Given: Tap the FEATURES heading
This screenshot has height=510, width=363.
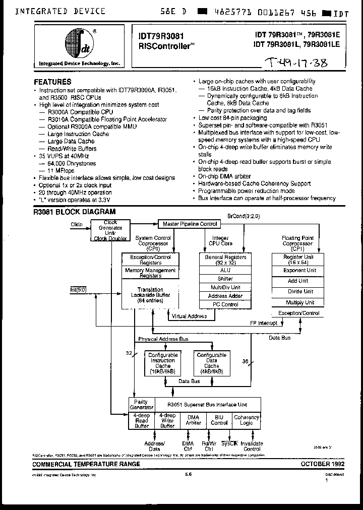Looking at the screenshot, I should (x=52, y=82).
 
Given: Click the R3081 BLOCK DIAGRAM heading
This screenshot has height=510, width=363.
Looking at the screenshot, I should (x=74, y=212).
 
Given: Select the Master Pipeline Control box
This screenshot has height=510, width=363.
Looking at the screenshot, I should (x=190, y=224).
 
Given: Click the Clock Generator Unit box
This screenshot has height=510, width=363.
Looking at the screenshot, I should (x=110, y=230).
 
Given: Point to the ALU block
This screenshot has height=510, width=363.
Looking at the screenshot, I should (x=225, y=270).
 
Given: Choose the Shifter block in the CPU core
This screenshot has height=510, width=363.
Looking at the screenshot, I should (x=225, y=279).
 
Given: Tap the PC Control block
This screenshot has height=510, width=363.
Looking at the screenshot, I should (x=225, y=304).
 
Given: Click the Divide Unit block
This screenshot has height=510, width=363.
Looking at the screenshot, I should (x=300, y=291).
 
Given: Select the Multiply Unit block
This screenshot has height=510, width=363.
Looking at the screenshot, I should (x=300, y=302).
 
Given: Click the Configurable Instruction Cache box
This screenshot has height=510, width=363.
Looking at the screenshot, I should (x=162, y=363).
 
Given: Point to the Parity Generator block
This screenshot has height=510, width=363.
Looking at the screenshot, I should (x=142, y=405).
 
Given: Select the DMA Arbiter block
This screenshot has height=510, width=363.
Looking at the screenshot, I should (x=194, y=420).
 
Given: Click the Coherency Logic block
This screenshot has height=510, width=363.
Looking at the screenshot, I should (x=247, y=420).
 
